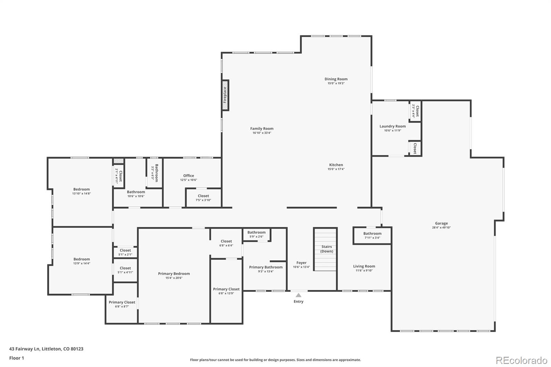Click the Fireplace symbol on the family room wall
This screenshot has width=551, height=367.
pos(225,95)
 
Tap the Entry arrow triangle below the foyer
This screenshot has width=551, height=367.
pos(299,295)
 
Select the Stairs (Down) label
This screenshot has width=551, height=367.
pos(326,249)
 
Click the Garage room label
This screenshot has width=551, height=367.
pos(441,223)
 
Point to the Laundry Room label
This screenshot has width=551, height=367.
pos(393,126)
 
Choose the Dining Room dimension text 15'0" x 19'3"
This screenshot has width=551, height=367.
pos(336,83)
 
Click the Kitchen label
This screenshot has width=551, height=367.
pos(336,165)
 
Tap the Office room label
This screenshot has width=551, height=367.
pos(188,176)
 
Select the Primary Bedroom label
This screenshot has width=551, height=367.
pos(174,274)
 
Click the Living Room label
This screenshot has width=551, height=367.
pos(364,266)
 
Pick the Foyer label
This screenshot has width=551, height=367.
pos(301,263)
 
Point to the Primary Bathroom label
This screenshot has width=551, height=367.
pos(266,267)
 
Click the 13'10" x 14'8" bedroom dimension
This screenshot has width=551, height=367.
pos(81,193)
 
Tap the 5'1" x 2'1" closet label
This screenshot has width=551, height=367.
pos(125,252)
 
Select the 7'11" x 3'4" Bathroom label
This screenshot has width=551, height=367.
pos(372,235)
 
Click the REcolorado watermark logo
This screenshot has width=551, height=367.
pos(521,360)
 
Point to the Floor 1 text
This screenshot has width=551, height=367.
pos(17,358)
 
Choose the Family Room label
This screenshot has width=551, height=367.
pos(262,129)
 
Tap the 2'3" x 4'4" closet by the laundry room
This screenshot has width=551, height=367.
pos(415,111)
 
